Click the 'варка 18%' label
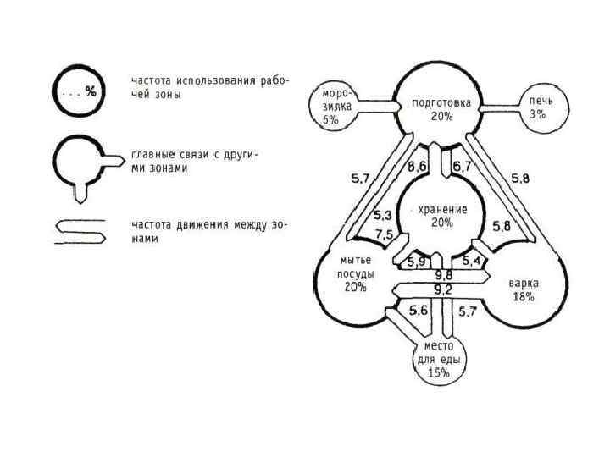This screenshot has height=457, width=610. [x=524, y=289]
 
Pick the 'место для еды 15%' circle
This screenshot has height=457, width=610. [x=438, y=359]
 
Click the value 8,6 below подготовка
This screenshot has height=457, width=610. [x=417, y=168]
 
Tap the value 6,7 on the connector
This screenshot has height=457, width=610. [x=462, y=168]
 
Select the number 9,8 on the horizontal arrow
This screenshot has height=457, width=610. [x=443, y=275]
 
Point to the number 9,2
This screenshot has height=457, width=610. [x=443, y=289]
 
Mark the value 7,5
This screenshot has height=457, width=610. [x=383, y=235]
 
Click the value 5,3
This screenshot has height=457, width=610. [x=383, y=216]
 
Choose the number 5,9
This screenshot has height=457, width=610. [x=415, y=261]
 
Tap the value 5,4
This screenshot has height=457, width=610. [x=471, y=259]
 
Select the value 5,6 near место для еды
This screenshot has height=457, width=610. [x=418, y=311]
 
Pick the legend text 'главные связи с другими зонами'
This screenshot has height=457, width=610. [x=194, y=162]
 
